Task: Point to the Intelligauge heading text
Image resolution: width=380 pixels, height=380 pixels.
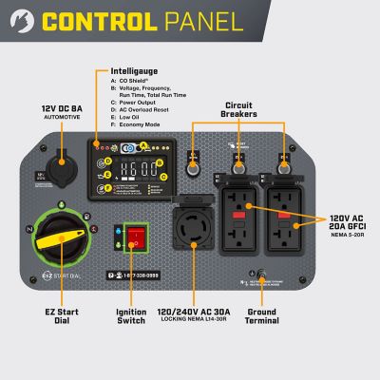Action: click(x=132, y=69)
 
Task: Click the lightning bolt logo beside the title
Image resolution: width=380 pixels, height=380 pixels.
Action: click(x=28, y=21)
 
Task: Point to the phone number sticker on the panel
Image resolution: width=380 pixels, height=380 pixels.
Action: click(x=147, y=275)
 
